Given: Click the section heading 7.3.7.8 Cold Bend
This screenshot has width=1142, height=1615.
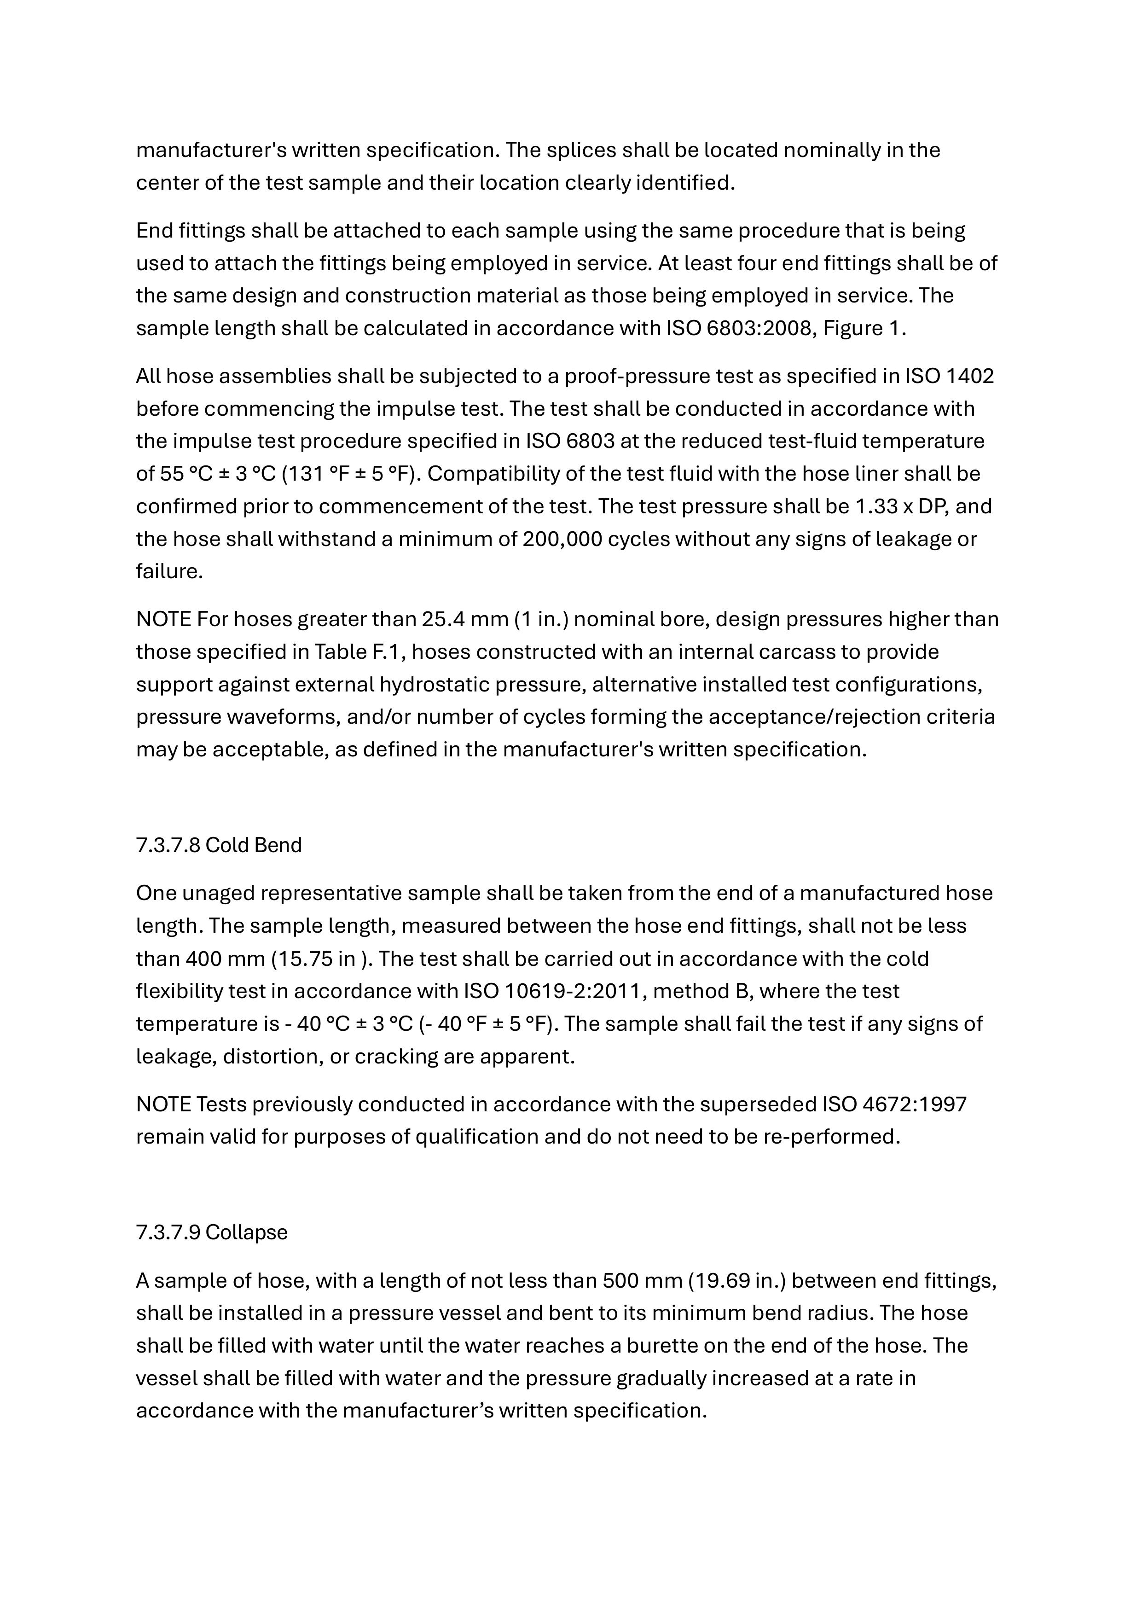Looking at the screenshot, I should (x=219, y=845).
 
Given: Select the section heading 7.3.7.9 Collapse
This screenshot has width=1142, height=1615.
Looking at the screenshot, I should (x=212, y=1232).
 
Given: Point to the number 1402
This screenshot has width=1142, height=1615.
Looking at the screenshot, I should (x=970, y=376).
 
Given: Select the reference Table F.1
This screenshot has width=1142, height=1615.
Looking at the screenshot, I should (x=359, y=652).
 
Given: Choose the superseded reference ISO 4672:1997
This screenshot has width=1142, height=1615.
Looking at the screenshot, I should (x=894, y=1104).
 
